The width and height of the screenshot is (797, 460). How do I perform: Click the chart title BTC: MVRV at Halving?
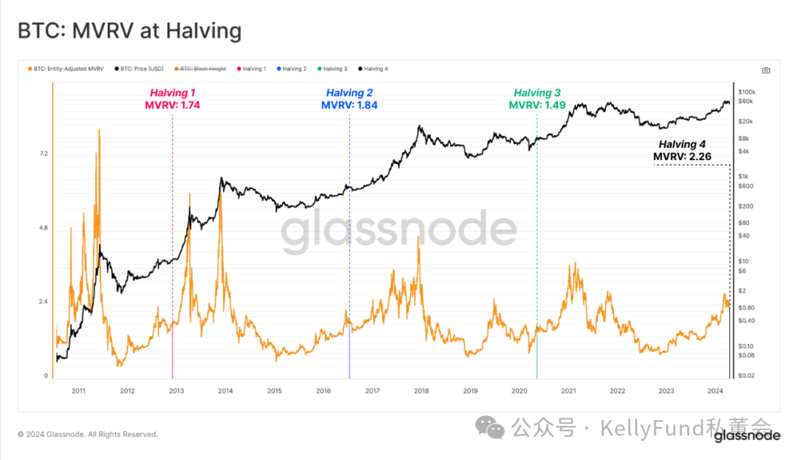click(129, 30)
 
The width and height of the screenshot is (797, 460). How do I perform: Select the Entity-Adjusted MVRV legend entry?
click(66, 69)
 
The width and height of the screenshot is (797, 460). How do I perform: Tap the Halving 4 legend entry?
click(373, 69)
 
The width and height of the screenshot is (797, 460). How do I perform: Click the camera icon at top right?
click(766, 70)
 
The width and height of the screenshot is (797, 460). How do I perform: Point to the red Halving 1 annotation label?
click(173, 93)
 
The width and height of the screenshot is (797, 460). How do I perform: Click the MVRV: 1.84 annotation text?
click(349, 105)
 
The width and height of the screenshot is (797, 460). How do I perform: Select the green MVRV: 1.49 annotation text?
click(537, 105)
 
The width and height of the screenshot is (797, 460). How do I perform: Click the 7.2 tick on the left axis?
click(44, 154)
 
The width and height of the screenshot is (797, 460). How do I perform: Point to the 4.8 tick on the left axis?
click(44, 228)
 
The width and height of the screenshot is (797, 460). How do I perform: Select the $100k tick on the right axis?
click(747, 92)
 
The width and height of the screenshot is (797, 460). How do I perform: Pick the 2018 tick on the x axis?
click(421, 391)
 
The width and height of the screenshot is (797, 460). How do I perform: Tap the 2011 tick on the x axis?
click(78, 391)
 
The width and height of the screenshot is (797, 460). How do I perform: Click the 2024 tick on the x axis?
click(714, 391)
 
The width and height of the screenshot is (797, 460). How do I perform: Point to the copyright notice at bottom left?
click(88, 434)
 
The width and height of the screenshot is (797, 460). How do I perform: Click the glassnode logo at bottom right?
click(747, 436)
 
